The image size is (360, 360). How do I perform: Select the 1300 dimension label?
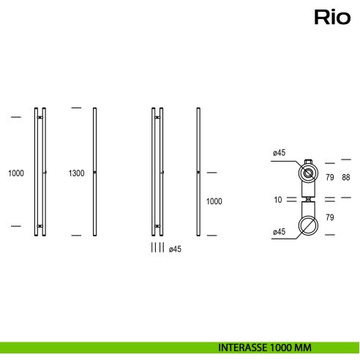point(76,173)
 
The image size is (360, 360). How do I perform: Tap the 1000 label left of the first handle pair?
point(16,173)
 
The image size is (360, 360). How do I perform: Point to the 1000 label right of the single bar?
point(214,201)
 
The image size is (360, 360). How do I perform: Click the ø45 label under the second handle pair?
point(175,249)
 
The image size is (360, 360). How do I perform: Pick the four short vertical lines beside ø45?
point(157,249)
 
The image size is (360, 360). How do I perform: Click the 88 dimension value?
point(346,178)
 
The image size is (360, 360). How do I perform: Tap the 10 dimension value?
point(278,199)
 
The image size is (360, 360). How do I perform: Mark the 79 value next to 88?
point(329,178)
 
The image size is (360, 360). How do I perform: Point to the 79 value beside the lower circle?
point(329,217)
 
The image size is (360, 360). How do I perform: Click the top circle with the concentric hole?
point(309,174)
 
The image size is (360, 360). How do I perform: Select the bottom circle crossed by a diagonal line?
point(309,222)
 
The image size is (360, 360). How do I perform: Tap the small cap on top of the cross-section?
point(309,162)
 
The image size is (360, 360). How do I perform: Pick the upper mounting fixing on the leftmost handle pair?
point(40,117)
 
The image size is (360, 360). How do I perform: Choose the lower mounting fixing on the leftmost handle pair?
point(40,226)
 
